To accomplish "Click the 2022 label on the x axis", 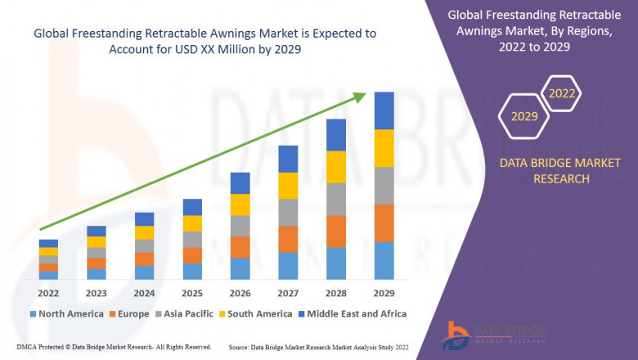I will (48, 292).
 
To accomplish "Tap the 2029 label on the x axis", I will (384, 292).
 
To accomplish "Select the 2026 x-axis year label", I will (240, 292).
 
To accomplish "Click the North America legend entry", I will (66, 313).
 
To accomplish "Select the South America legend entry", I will (256, 313).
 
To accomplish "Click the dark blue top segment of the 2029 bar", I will (384, 110).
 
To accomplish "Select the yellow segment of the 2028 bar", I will (336, 167).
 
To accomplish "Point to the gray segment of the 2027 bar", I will (288, 212).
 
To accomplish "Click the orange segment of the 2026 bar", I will (240, 247).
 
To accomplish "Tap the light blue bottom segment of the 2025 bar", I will (192, 271).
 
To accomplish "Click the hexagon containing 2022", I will (562, 93).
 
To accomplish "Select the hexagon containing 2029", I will (524, 117).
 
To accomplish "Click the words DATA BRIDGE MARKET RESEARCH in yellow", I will (544, 171).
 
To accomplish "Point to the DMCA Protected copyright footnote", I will (114, 347).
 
